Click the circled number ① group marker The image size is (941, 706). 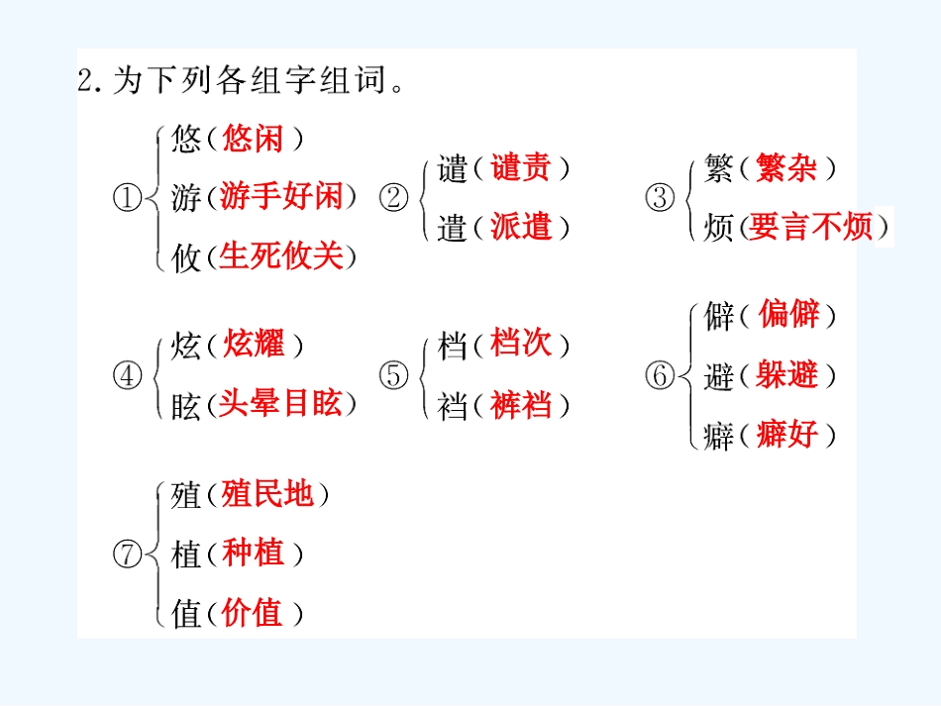127,198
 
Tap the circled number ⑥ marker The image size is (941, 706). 660,375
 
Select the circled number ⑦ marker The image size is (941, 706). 127,554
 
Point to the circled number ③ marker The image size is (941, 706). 660,198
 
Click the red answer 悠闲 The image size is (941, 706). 253,139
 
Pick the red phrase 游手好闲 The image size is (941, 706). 281,196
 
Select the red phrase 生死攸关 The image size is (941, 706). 281,256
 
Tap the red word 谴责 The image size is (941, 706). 521,167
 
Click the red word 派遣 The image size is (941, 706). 521,227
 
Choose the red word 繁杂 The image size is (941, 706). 786,167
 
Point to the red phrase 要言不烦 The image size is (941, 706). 811,227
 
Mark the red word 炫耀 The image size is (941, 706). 254,345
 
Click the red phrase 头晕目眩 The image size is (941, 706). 280,403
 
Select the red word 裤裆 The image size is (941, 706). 521,405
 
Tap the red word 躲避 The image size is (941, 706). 786,375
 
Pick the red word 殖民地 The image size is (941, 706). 267,494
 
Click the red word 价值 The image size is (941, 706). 252,613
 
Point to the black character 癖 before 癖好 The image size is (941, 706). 718,436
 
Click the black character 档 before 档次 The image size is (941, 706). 452,347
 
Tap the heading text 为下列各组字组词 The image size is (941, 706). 249,80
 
